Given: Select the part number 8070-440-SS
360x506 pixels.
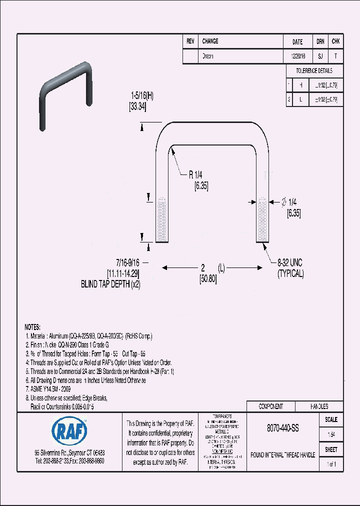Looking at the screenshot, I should tap(282, 428).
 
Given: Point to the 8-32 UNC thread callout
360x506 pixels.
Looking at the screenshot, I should tap(290, 262).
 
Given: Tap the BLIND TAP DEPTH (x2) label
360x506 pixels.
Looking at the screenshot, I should tap(111, 284).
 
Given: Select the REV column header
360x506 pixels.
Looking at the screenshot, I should tap(190, 41).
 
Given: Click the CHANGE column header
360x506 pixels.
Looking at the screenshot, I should tap(210, 41).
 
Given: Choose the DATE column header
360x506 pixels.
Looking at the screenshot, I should tap(297, 42).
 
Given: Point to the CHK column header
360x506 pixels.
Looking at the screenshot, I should tap(336, 42).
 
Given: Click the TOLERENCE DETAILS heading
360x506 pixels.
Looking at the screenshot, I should tap(314, 71).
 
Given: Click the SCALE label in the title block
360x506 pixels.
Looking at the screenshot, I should tap(331, 419).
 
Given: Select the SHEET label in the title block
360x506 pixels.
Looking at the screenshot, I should tap(331, 449).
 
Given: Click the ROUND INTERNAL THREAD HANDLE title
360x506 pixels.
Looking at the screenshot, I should tap(282, 455).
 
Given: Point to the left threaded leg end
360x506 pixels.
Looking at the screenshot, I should tap(160, 220).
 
